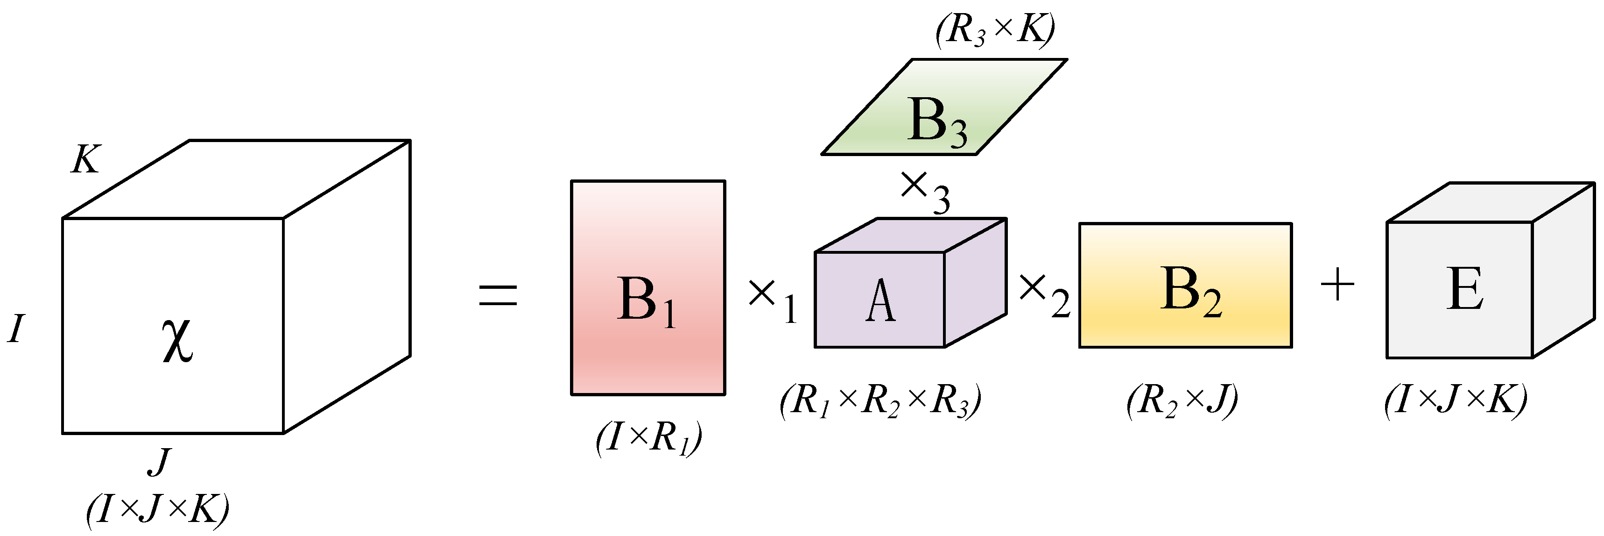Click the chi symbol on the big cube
tap(177, 340)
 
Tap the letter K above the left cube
tap(85, 159)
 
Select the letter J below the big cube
tap(159, 462)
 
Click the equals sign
tap(498, 295)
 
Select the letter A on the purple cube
tap(880, 301)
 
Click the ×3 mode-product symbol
tap(925, 192)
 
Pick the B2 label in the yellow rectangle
tap(1190, 291)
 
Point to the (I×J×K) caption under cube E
tap(1455, 400)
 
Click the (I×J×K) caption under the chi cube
tap(157, 509)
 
